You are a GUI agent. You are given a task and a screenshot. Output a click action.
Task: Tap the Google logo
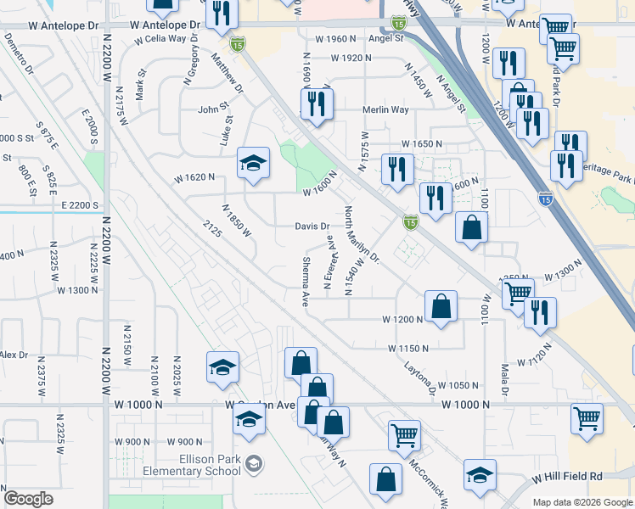pos(28,499)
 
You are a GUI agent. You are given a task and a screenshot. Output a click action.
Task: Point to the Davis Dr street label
pos(312,227)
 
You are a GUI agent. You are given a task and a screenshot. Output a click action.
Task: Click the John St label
pos(214,109)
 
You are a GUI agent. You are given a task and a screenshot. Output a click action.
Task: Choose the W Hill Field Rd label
pos(567,479)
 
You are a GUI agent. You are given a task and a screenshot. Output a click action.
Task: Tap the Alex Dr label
pos(14,354)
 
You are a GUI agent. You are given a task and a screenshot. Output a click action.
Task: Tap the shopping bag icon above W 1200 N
pos(441,306)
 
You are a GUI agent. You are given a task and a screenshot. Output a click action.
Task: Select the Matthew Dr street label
pos(227,73)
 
